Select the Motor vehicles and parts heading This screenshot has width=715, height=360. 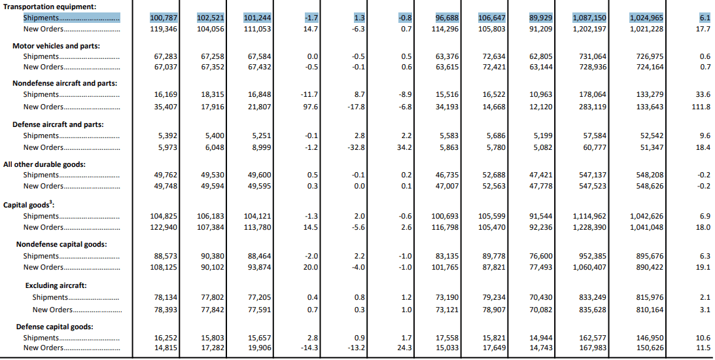coord(56,46)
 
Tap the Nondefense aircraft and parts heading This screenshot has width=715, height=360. coord(65,83)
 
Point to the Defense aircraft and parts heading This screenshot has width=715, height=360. coord(58,124)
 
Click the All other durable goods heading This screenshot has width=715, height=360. coord(44,164)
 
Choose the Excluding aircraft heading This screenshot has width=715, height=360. coord(56,285)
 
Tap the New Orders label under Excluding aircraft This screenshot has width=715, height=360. coord(52,310)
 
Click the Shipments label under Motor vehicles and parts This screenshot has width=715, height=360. coord(41,56)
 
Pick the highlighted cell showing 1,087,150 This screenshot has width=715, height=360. coord(589,18)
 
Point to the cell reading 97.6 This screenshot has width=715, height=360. coord(310,107)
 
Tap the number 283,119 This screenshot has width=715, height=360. coord(593,107)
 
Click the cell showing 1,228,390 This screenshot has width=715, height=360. coord(589,227)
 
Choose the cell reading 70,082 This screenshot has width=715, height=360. coord(541,310)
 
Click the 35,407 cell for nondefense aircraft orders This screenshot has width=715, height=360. coord(166,107)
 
